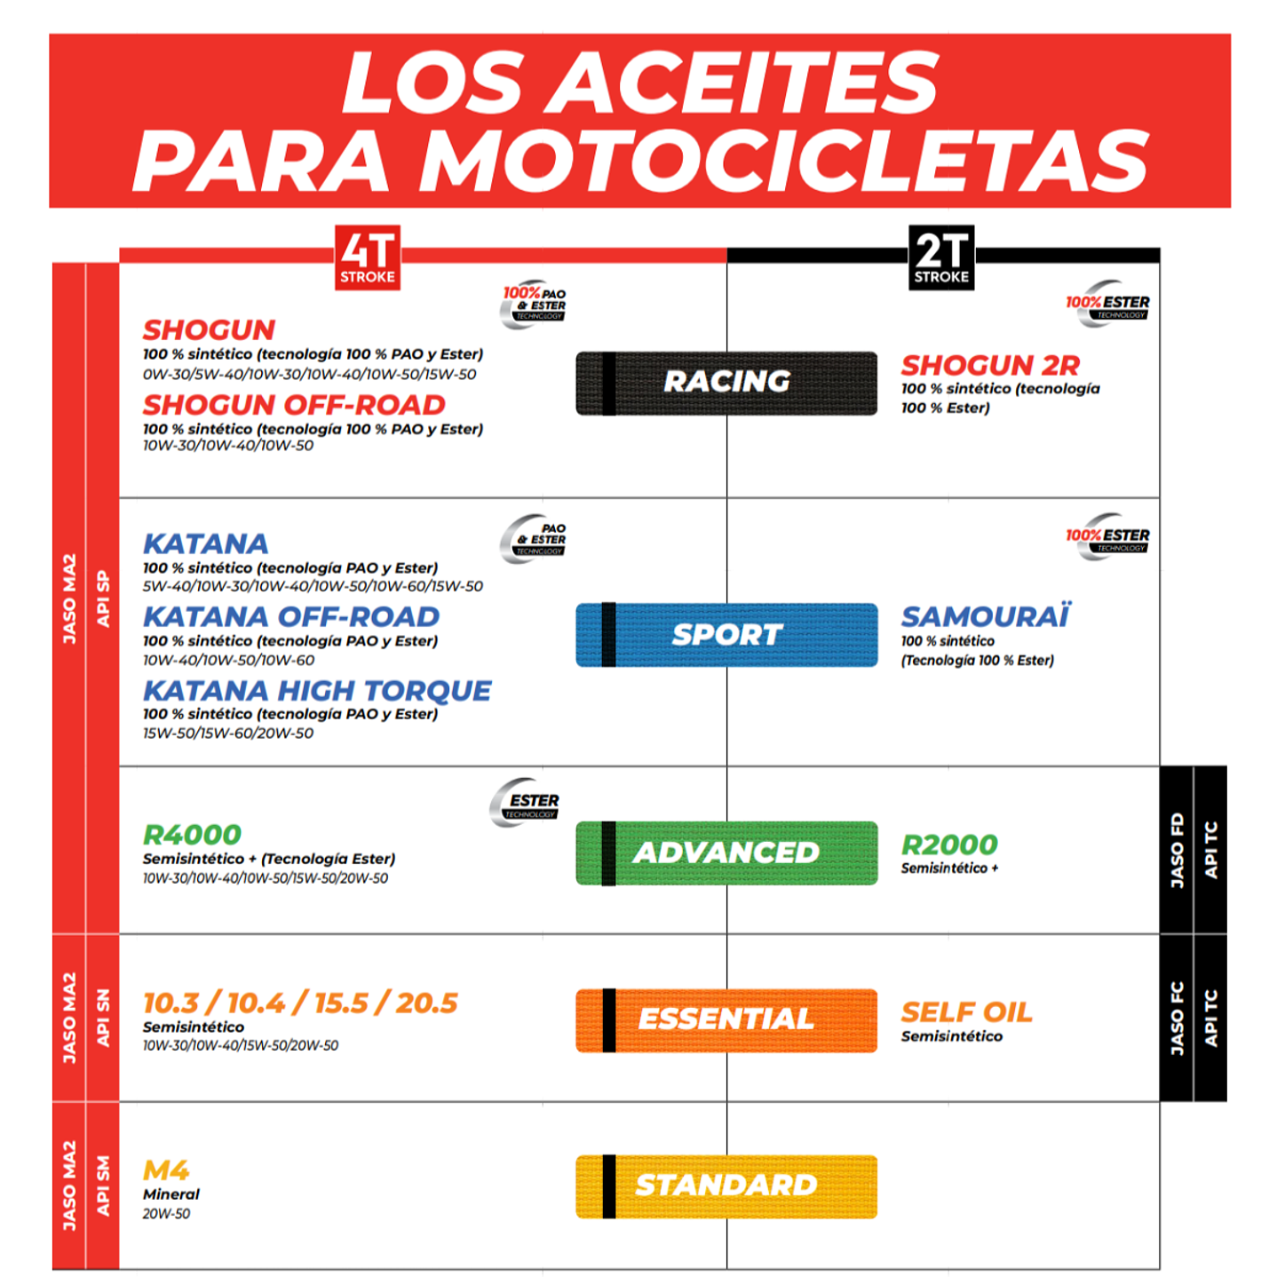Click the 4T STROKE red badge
click(367, 258)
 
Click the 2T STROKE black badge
click(941, 258)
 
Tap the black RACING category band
click(726, 383)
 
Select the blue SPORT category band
click(726, 635)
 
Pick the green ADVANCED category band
click(726, 853)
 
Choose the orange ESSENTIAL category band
click(726, 1019)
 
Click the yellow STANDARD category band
click(726, 1186)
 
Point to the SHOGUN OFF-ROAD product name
click(294, 405)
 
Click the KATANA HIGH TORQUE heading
click(317, 691)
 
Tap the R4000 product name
click(192, 835)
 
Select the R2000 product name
click(949, 845)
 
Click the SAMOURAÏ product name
click(986, 616)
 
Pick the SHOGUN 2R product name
click(990, 365)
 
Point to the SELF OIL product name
click(966, 1012)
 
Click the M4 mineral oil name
click(166, 1170)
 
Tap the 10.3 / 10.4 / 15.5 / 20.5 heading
click(300, 1003)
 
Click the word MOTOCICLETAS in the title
click(781, 160)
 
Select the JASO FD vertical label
click(1177, 850)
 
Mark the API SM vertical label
click(103, 1185)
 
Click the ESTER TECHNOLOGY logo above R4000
click(526, 803)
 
